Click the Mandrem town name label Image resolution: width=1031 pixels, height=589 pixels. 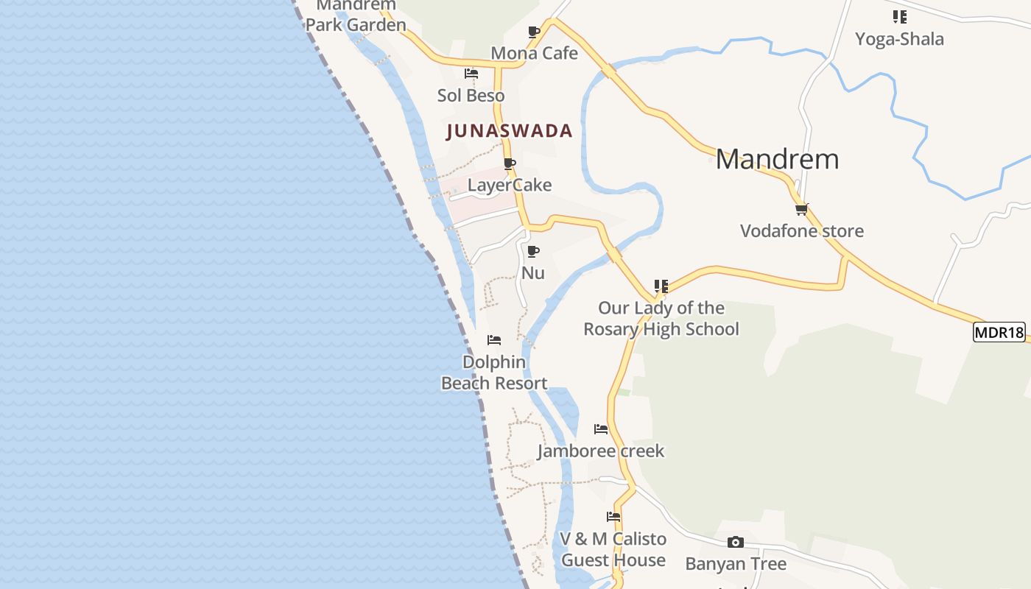point(777,159)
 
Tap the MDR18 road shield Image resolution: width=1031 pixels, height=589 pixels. point(999,332)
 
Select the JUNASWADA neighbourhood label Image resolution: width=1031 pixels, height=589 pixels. point(510,131)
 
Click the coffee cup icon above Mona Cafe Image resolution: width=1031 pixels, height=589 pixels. point(534,32)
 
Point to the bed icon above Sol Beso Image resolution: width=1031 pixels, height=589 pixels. point(471,74)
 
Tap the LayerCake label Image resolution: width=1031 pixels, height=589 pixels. point(510,185)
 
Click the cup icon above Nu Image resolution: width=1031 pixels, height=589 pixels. point(533,251)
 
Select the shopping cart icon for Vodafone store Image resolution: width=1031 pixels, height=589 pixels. point(802,209)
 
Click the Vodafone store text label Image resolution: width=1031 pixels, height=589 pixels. point(801,230)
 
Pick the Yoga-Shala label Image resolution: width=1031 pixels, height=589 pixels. point(899,38)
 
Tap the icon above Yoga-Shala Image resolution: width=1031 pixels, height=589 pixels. point(899,16)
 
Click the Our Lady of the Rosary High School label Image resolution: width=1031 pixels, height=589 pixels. point(661,319)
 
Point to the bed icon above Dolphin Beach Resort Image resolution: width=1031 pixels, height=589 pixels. point(494,340)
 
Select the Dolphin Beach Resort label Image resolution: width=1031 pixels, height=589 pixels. point(494,373)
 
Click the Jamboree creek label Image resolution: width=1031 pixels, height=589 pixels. point(601,451)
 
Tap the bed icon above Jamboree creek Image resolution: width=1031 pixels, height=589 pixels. point(601,428)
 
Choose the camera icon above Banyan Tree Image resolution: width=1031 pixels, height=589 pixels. point(735,543)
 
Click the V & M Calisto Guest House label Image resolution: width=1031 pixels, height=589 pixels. point(613,549)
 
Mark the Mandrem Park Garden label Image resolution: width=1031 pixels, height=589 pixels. point(356,16)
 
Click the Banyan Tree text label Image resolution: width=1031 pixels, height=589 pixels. point(736,564)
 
